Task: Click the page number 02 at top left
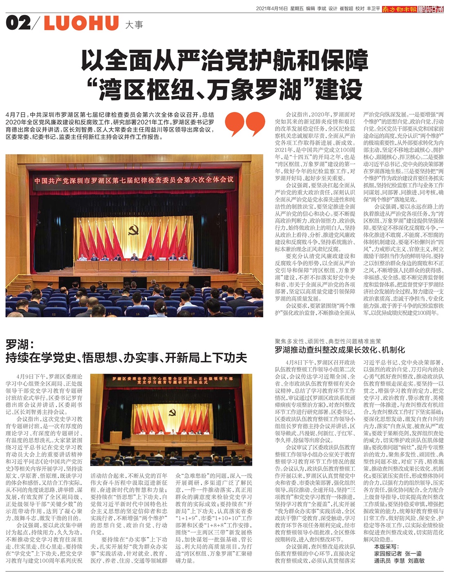point(18,23)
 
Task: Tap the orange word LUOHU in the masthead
point(81,23)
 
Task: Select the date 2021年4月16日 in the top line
point(271,9)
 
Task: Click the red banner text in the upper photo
point(134,180)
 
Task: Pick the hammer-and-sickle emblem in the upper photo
point(133,231)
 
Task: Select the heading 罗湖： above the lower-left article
point(22,344)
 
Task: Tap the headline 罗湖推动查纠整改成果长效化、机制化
point(340,350)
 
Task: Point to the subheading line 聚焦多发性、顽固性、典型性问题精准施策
point(328,341)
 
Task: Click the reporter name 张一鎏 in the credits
point(413,554)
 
